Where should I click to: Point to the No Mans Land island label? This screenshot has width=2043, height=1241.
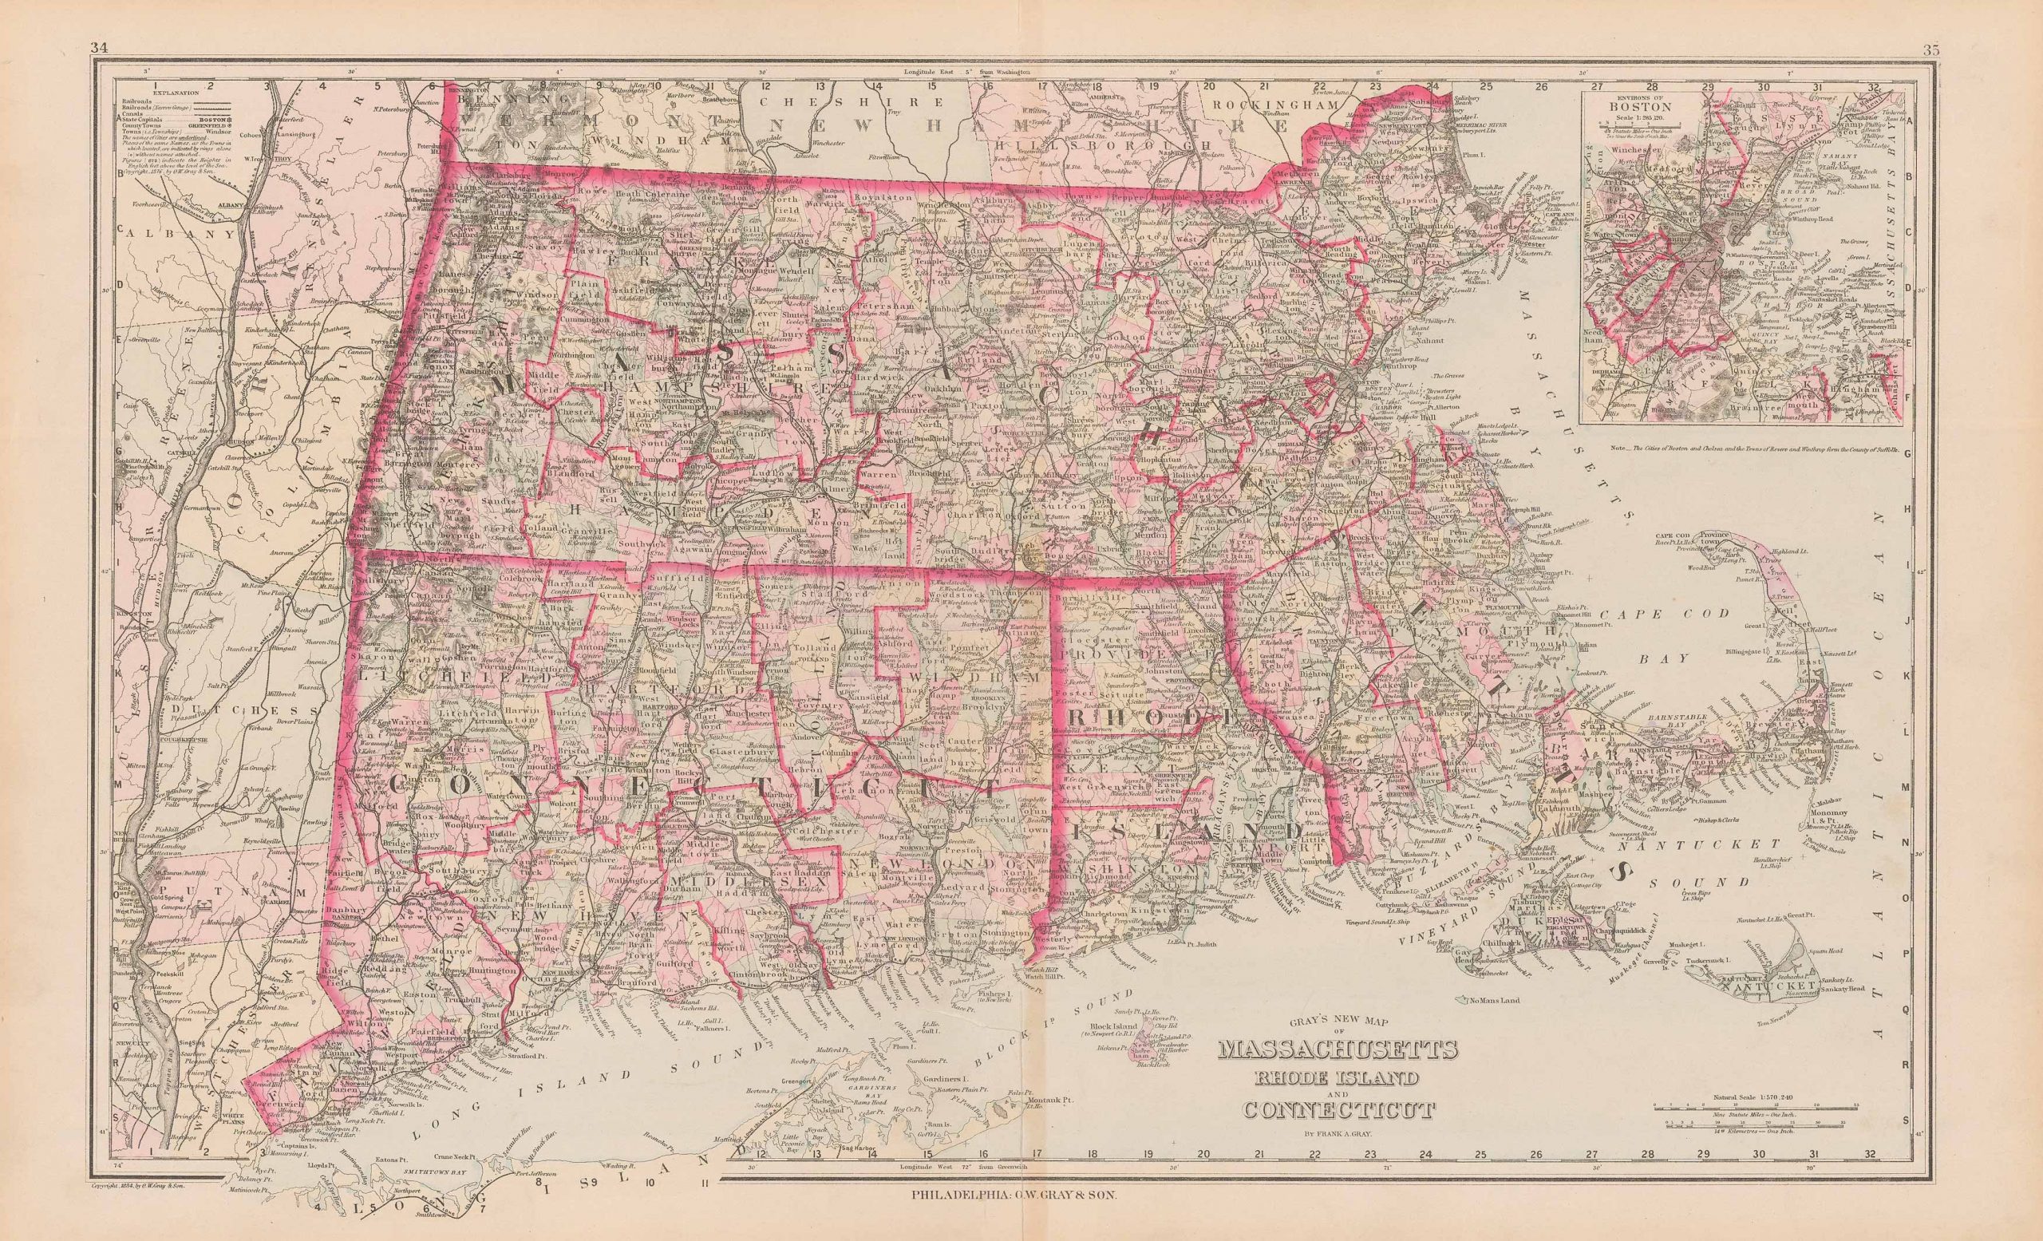click(x=1493, y=1001)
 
